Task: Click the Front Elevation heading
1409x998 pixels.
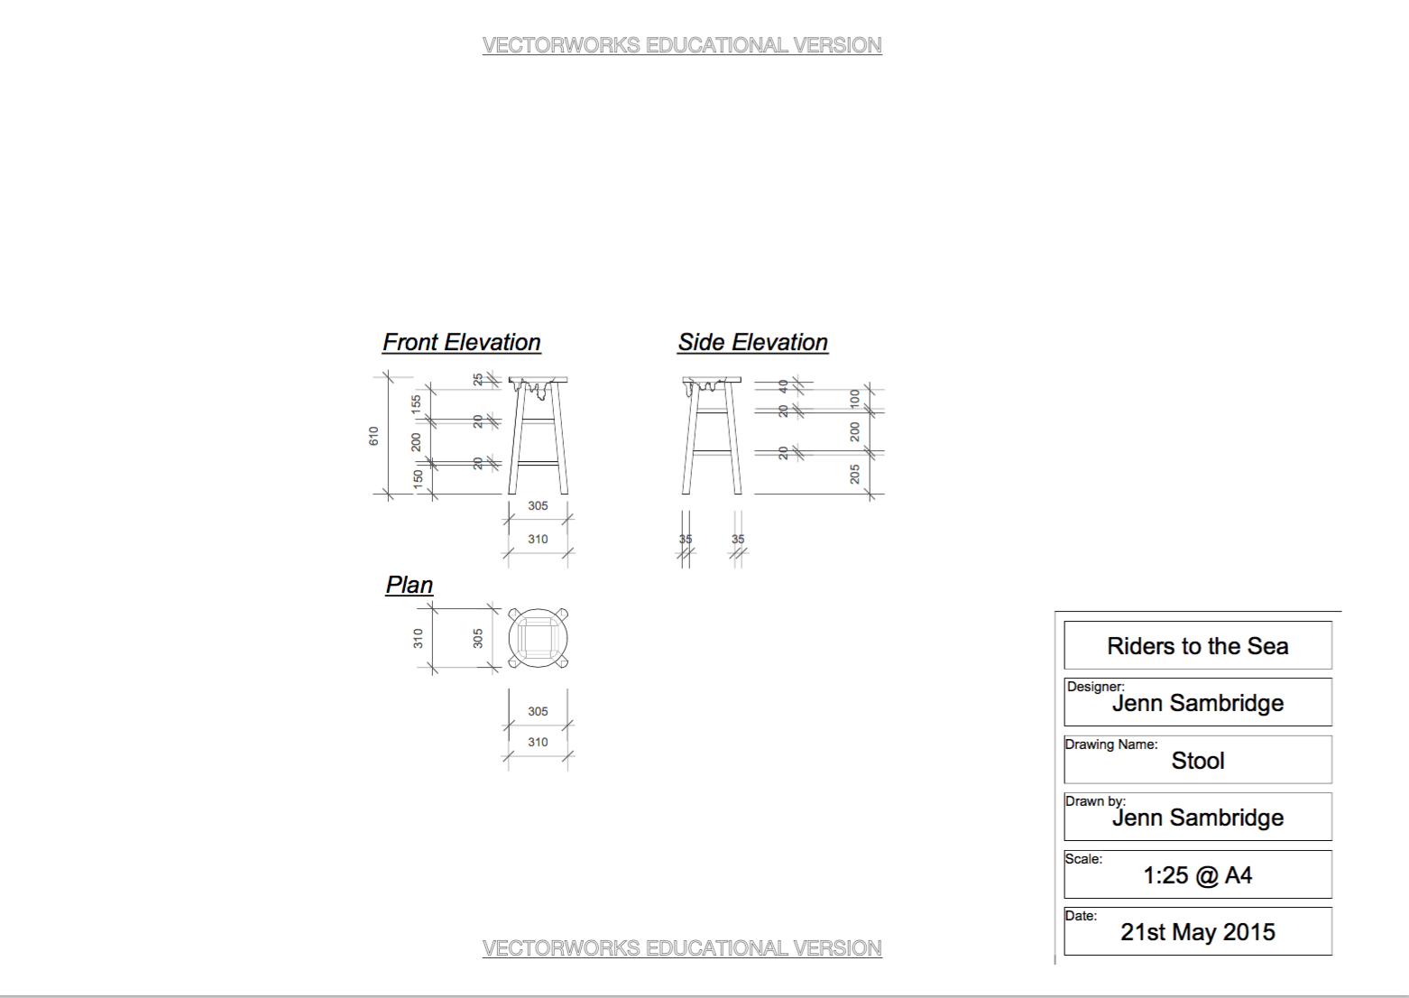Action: [x=462, y=342]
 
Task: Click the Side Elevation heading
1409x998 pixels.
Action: [x=753, y=342]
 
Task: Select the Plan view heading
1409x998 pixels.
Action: [x=410, y=586]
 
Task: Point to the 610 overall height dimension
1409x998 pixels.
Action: [x=373, y=436]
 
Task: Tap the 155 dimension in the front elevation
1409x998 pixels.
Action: [x=416, y=404]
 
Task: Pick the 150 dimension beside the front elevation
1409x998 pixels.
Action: [x=418, y=479]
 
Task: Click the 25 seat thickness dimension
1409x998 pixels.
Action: [x=478, y=380]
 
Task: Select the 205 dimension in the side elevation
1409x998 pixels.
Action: [x=854, y=474]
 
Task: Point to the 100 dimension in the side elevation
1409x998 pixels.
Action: [x=854, y=399]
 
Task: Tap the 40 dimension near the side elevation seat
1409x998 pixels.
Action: [x=783, y=385]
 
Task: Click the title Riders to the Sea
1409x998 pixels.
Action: [x=1198, y=646]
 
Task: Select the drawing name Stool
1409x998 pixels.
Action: [x=1198, y=761]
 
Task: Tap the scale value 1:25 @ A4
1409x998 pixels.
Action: [x=1198, y=875]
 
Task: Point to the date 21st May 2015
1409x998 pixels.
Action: [x=1198, y=932]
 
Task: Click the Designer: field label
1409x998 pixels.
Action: [x=1096, y=687]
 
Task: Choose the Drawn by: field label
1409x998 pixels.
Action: [x=1095, y=801]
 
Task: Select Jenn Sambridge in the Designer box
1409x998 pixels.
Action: [x=1198, y=703]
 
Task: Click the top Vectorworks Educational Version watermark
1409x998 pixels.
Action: [x=682, y=45]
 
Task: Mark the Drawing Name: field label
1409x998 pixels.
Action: [x=1111, y=744]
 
